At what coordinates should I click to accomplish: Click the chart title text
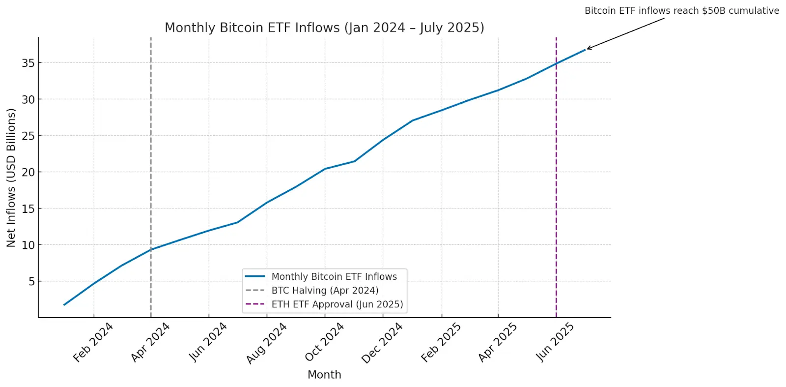point(324,28)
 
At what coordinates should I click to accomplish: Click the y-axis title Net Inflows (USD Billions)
point(11,178)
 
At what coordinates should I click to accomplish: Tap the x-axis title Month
point(324,375)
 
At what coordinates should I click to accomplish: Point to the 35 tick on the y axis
point(28,63)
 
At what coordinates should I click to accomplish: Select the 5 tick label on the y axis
point(31,281)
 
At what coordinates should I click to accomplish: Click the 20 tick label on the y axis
point(28,172)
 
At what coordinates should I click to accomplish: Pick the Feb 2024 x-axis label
point(93,342)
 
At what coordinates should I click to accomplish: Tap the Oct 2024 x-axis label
point(324,342)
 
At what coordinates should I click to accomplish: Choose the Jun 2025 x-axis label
point(555,342)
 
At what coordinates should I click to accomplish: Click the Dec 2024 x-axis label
point(382,343)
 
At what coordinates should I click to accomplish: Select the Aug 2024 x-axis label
point(266,343)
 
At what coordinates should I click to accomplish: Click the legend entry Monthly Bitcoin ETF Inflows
point(334,277)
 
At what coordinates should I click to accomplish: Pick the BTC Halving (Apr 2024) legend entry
point(325,291)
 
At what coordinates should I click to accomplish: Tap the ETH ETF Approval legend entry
point(337,304)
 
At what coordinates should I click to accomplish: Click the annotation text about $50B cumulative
point(681,11)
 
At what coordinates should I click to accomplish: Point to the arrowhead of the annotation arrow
point(588,49)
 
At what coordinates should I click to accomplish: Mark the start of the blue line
point(64,305)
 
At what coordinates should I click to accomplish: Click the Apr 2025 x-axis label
point(497,342)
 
